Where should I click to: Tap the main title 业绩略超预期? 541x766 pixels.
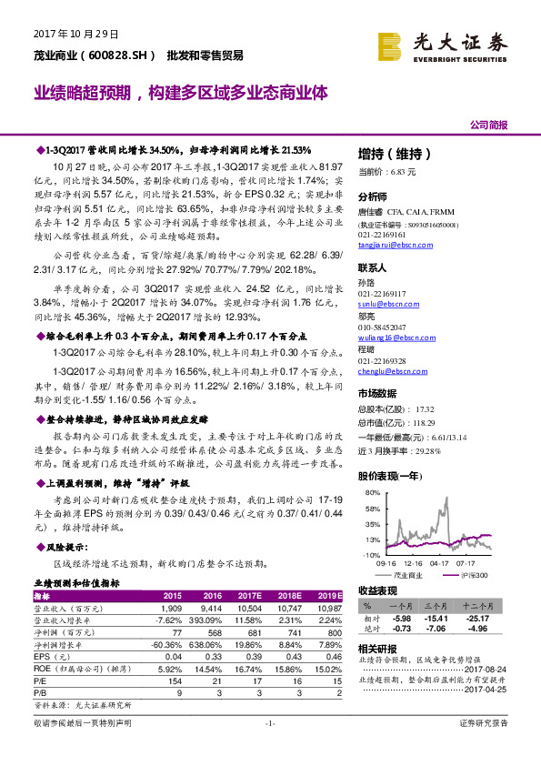[81, 93]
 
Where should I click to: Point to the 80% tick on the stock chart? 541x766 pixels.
[372, 493]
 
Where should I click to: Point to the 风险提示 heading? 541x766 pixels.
[63, 548]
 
